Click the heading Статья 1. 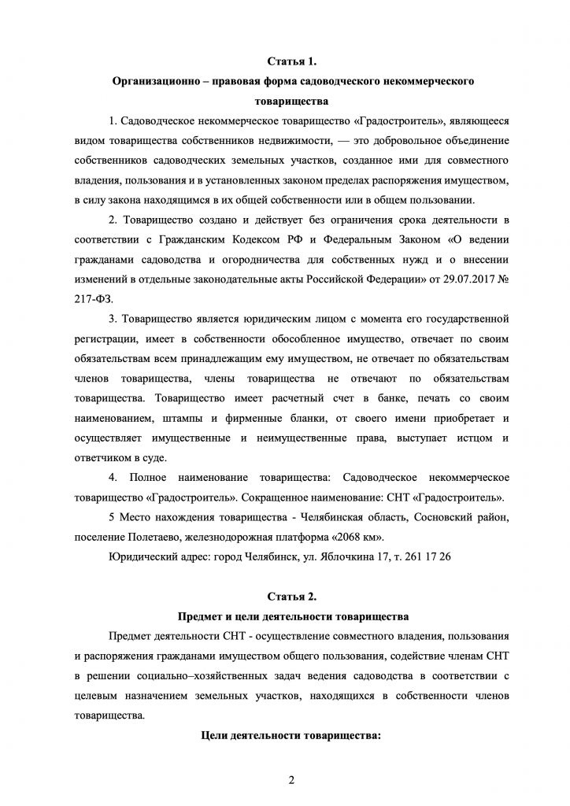[292, 61]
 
